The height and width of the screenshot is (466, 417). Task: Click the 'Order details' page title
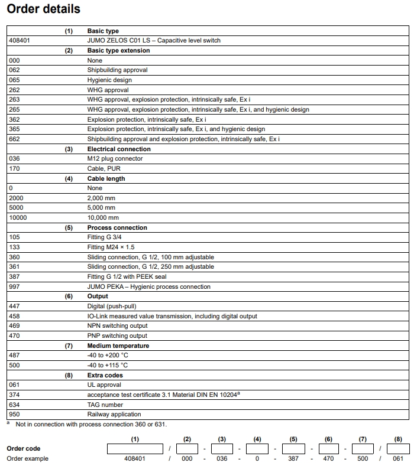[x=43, y=9]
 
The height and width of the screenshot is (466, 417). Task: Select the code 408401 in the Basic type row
[x=19, y=41]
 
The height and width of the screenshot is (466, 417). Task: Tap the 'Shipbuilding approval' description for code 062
[x=117, y=70]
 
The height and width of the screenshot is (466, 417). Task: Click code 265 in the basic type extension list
[x=14, y=109]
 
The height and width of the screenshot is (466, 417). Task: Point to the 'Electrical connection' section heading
[x=118, y=149]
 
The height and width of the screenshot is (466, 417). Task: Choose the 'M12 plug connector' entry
[x=115, y=158]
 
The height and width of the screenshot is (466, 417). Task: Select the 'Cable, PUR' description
[x=104, y=168]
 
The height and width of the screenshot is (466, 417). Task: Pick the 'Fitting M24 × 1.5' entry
[x=111, y=247]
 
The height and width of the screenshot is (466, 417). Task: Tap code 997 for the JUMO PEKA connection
[x=14, y=286]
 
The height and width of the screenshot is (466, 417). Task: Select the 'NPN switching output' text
[x=117, y=326]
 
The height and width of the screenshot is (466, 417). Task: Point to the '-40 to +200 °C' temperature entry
[x=108, y=356]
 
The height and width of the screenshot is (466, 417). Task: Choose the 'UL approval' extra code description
[x=105, y=385]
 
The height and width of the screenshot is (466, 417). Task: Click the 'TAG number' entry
[x=105, y=405]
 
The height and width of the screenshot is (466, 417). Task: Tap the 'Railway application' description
[x=114, y=415]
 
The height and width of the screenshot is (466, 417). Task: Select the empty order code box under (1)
[x=135, y=449]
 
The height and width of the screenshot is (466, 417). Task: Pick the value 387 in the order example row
[x=293, y=459]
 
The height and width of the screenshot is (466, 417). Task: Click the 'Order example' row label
[x=27, y=459]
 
